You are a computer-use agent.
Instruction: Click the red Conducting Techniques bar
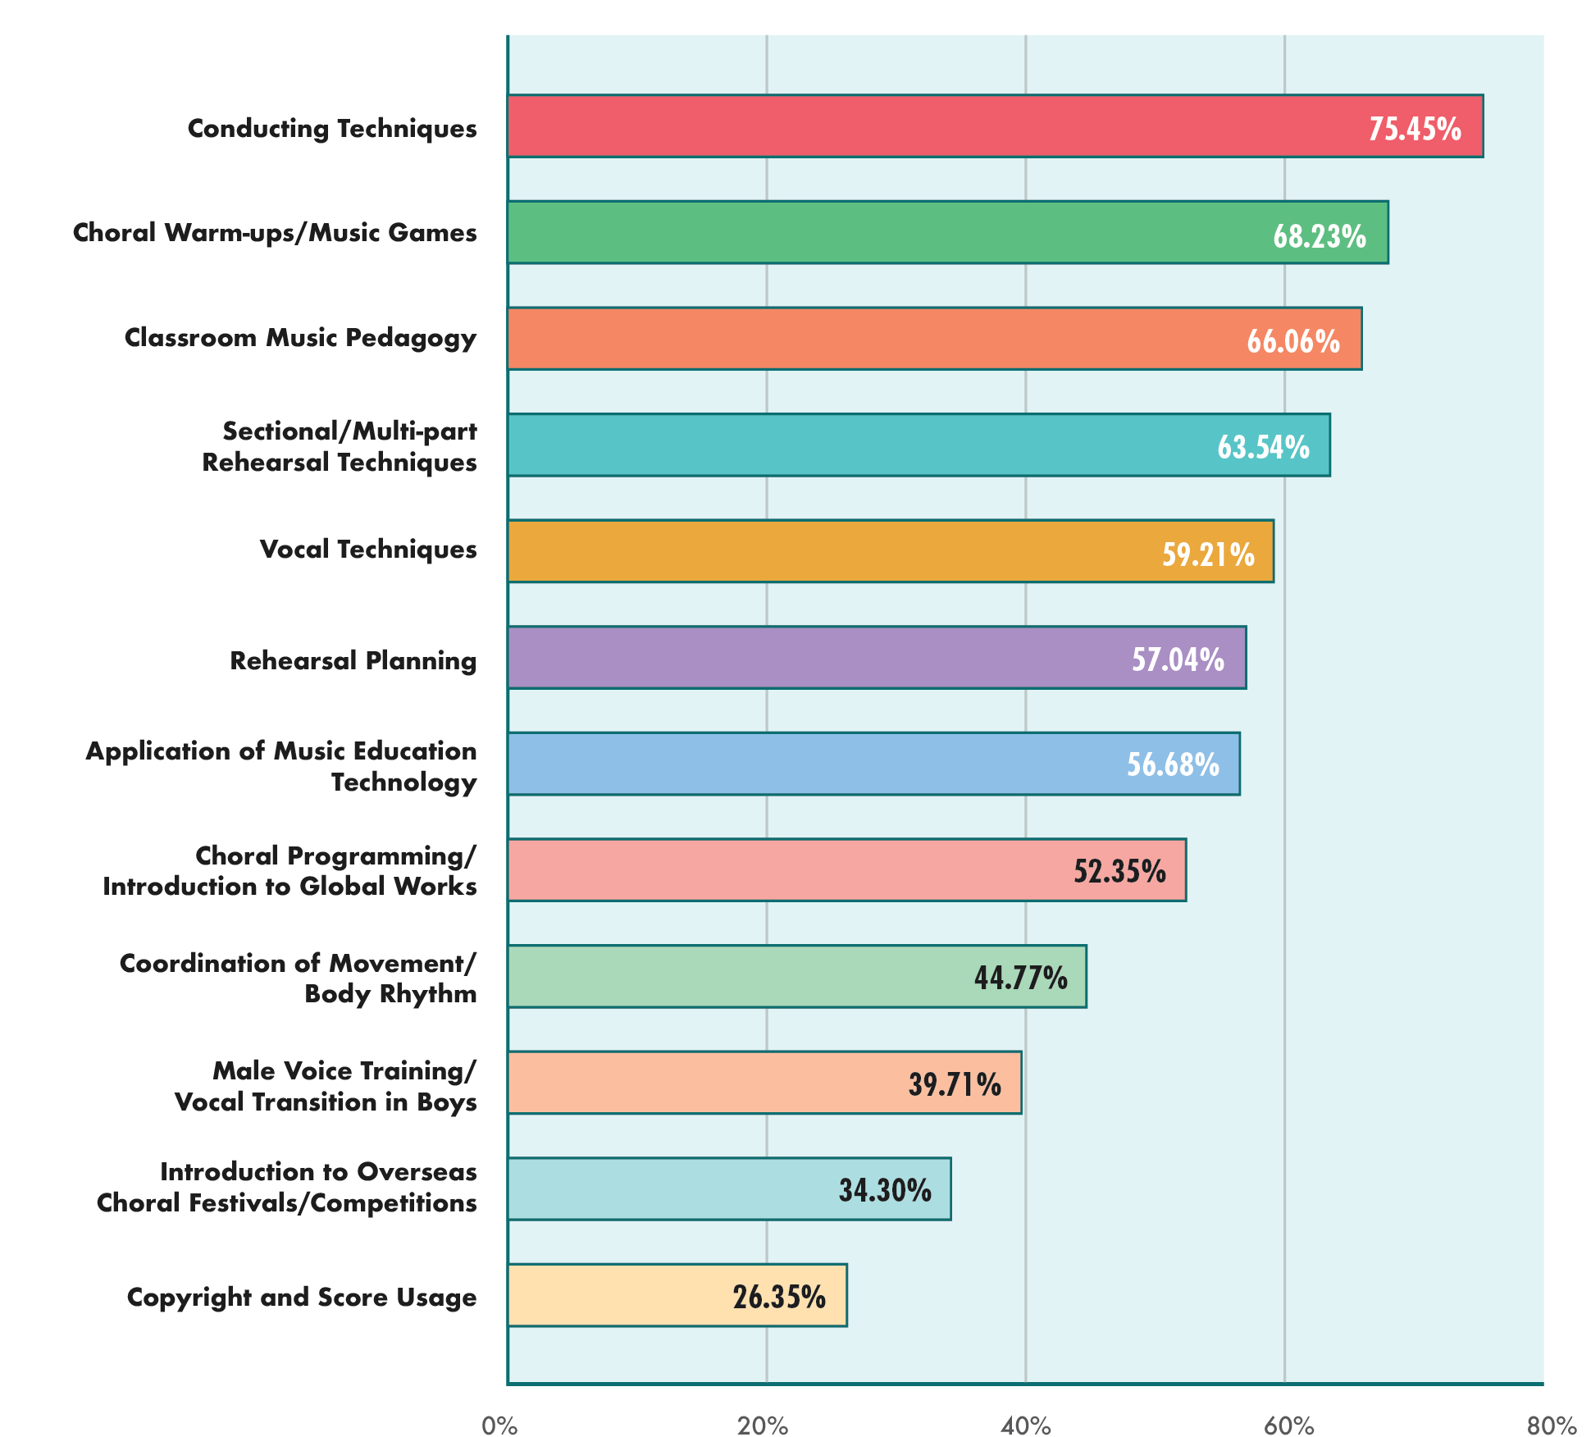tap(994, 125)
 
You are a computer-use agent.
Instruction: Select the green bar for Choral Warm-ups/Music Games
tap(947, 232)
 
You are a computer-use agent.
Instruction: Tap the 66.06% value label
tap(1293, 340)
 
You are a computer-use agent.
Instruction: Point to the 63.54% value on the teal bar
tap(1263, 447)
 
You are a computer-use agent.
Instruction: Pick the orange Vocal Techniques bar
tap(890, 551)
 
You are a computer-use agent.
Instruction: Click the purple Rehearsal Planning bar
tap(876, 658)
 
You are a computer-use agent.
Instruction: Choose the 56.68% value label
tap(1173, 764)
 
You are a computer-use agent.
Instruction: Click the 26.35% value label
tap(779, 1297)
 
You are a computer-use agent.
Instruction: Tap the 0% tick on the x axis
tap(499, 1426)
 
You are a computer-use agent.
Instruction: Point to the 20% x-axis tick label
tap(763, 1426)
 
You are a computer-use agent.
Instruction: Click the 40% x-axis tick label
tap(1025, 1426)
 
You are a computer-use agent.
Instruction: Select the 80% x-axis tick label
tap(1551, 1426)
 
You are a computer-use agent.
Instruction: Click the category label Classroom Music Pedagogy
tap(300, 338)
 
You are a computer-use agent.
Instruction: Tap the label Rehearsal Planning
tap(353, 660)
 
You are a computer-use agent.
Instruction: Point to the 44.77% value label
tap(1020, 978)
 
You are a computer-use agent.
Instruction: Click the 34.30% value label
tap(885, 1189)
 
